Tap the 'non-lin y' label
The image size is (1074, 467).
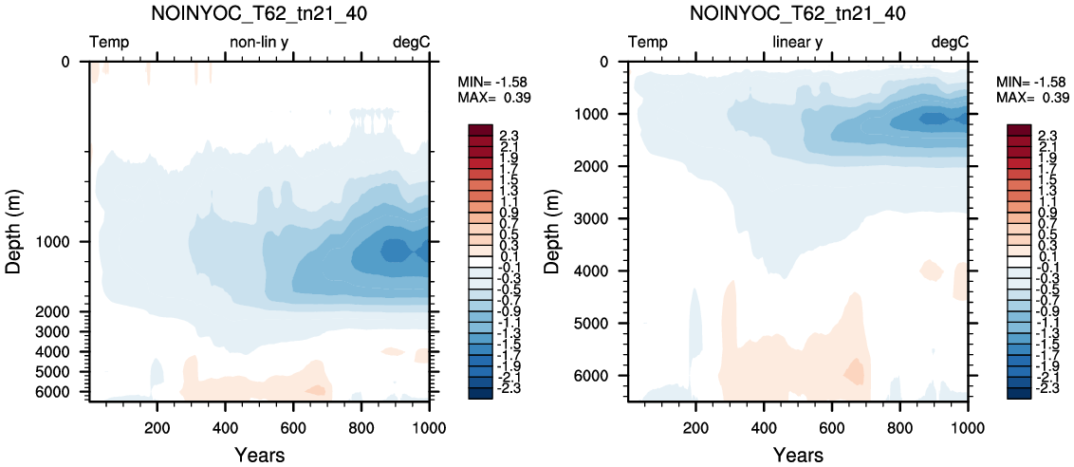(x=259, y=43)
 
